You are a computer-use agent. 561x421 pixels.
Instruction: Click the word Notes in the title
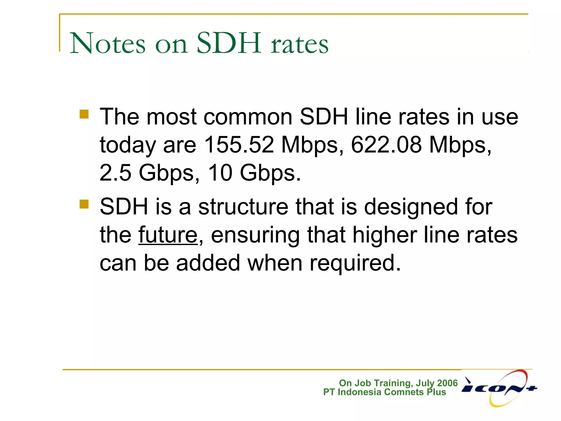pos(108,43)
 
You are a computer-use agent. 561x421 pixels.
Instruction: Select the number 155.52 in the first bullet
pos(239,145)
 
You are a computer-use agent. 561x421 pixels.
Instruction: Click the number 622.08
pos(386,145)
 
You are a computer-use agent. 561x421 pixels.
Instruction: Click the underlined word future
pos(168,235)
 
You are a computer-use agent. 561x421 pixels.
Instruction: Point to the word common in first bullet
pos(248,117)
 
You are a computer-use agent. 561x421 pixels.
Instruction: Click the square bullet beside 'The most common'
pos(84,114)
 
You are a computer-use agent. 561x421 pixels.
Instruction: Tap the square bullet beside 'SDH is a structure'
pos(84,204)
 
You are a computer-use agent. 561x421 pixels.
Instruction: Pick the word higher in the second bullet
pos(385,235)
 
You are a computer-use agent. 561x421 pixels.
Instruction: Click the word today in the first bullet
pos(128,145)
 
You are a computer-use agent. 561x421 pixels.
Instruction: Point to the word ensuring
pos(255,235)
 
